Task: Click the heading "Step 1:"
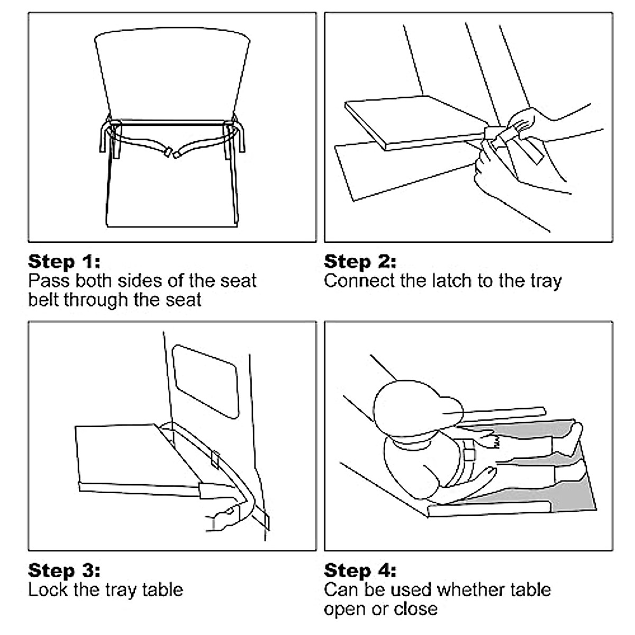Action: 64,262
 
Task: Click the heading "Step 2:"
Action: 360,262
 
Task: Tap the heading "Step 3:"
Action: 64,571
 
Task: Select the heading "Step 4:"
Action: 360,571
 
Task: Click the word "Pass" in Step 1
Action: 49,281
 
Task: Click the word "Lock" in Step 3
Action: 48,590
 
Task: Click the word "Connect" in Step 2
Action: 359,281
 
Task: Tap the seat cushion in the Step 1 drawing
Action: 172,191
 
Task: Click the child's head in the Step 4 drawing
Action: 417,408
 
